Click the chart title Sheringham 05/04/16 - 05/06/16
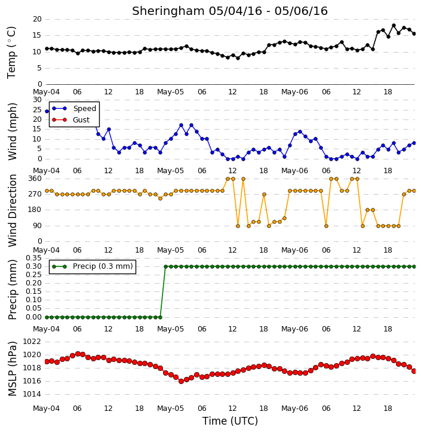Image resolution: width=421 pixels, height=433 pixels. pyautogui.click(x=230, y=11)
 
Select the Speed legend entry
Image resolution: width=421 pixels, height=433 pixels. pyautogui.click(x=74, y=109)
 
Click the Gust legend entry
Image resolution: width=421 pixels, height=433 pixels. pyautogui.click(x=71, y=120)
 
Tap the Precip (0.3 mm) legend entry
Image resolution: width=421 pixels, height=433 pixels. pyautogui.click(x=93, y=266)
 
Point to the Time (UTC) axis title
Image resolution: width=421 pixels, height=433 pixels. pyautogui.click(x=230, y=421)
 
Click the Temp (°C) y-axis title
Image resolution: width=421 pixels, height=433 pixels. pyautogui.click(x=11, y=53)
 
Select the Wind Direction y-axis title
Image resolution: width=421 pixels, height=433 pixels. pyautogui.click(x=13, y=210)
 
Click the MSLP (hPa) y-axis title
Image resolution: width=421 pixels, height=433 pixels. pyautogui.click(x=13, y=368)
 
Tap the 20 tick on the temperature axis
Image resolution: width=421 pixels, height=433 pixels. pyautogui.click(x=37, y=19)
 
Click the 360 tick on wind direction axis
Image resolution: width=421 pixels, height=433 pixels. pyautogui.click(x=35, y=179)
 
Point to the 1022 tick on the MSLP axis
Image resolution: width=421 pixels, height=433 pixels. pyautogui.click(x=32, y=342)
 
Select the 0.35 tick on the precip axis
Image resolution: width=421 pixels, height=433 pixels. pyautogui.click(x=33, y=258)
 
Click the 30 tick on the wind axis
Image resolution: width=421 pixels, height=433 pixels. pyautogui.click(x=37, y=100)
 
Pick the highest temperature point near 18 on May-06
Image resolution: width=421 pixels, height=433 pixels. pyautogui.click(x=394, y=26)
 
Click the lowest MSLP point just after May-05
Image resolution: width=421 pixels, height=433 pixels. pyautogui.click(x=182, y=381)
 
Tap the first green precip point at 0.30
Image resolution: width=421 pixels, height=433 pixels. pyautogui.click(x=165, y=266)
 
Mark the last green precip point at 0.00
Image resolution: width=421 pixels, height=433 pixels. pyautogui.click(x=161, y=317)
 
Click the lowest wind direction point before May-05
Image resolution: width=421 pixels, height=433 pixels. pyautogui.click(x=161, y=198)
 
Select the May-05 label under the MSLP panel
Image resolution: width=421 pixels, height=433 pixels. pyautogui.click(x=170, y=408)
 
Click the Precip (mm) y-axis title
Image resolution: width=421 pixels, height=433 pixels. pyautogui.click(x=13, y=290)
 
